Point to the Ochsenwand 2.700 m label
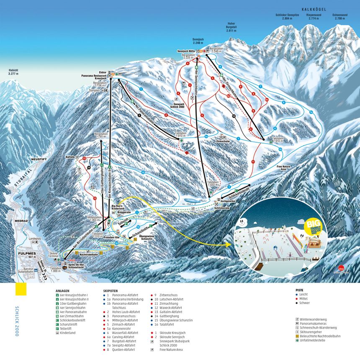click(339, 17)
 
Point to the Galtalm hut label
click(71, 157)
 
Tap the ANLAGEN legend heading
click(63, 290)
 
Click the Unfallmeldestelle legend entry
click(314, 340)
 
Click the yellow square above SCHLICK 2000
click(21, 289)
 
